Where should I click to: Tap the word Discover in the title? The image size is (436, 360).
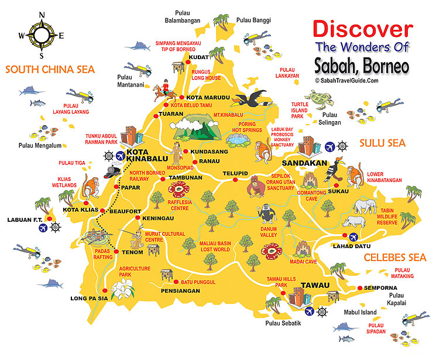[362, 29]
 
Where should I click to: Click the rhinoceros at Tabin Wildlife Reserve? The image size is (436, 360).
[354, 221]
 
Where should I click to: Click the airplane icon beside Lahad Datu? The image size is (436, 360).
[353, 237]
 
